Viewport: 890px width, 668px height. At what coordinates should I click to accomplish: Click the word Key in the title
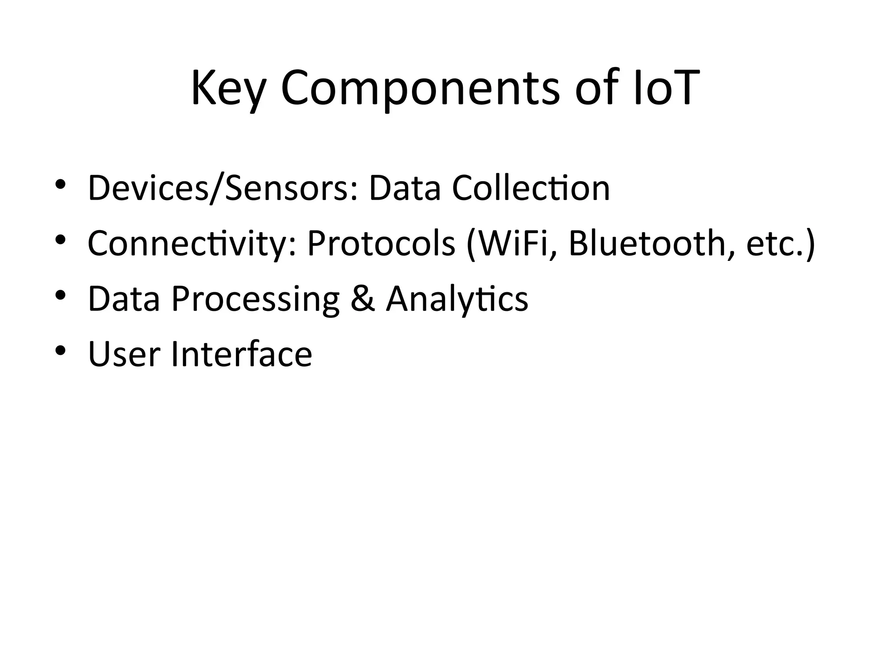[228, 89]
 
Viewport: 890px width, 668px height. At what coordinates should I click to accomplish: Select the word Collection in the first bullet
[531, 188]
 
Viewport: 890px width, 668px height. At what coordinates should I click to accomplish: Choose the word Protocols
[381, 244]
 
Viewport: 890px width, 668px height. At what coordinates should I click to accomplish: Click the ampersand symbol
[362, 299]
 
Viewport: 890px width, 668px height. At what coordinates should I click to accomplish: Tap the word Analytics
[457, 299]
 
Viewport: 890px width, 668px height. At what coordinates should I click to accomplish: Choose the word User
[124, 354]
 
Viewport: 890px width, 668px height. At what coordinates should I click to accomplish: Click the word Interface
[242, 354]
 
